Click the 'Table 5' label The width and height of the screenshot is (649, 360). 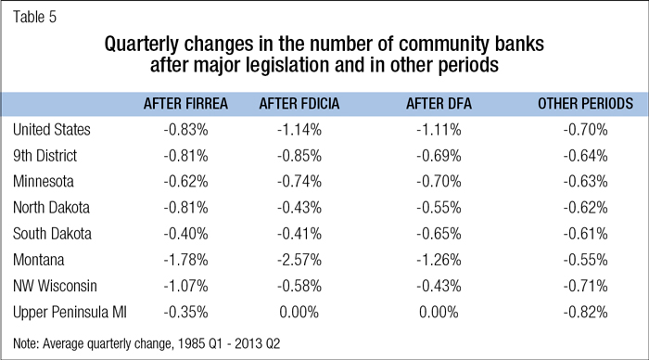34,17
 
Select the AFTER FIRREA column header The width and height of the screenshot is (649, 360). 185,104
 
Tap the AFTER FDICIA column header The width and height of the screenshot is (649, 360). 299,104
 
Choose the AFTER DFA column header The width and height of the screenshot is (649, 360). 439,104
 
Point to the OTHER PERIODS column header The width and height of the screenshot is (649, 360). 585,104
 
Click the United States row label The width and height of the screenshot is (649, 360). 52,130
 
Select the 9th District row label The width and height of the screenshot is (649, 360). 45,156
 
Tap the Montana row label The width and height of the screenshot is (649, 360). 39,260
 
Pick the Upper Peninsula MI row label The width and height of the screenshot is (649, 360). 70,313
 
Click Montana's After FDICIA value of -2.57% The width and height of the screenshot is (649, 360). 299,260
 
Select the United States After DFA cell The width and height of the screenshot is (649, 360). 439,130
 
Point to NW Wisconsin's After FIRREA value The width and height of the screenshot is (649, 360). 185,287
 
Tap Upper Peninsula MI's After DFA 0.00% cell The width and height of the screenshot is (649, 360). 439,313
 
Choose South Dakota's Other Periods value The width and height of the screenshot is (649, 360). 585,234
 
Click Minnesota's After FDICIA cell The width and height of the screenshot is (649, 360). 299,182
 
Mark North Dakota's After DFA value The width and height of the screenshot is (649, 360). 439,208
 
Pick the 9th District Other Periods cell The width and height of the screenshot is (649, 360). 585,156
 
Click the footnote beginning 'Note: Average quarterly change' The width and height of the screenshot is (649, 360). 146,343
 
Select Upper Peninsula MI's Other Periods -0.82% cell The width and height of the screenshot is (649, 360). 585,313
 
